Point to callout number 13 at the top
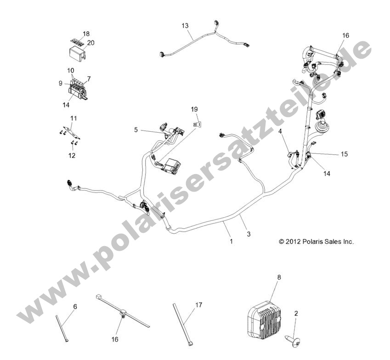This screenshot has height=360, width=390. [x=185, y=26]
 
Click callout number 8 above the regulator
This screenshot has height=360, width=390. [x=279, y=277]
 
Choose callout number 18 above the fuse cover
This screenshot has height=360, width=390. [x=86, y=34]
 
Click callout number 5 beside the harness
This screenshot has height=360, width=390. [x=136, y=130]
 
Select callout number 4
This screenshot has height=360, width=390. [x=280, y=131]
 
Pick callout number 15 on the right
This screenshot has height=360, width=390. [x=344, y=154]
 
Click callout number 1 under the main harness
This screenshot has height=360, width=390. [x=231, y=241]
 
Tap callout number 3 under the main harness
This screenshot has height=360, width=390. [x=249, y=234]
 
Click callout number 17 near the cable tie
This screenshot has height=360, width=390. [x=198, y=304]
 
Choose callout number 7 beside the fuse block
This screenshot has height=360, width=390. [x=89, y=79]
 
